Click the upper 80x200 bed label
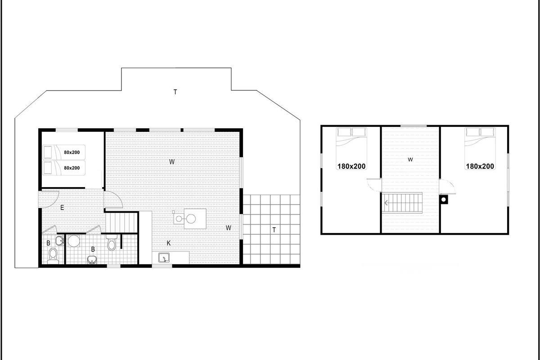[72, 153]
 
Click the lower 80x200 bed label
[72, 168]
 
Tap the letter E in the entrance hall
[62, 207]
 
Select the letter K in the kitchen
[169, 243]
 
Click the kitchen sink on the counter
[164, 258]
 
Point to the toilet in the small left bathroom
[53, 256]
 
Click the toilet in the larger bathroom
[112, 242]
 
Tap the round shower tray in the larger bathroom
[74, 241]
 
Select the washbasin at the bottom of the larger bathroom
[92, 260]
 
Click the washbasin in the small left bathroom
[59, 241]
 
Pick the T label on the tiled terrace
[274, 230]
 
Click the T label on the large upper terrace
[175, 92]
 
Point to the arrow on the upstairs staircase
[386, 203]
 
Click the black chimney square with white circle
[444, 200]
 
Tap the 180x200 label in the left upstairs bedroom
[351, 166]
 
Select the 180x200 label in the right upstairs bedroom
[480, 166]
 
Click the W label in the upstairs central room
[410, 159]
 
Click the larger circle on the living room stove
[191, 219]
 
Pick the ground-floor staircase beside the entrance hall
[121, 223]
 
